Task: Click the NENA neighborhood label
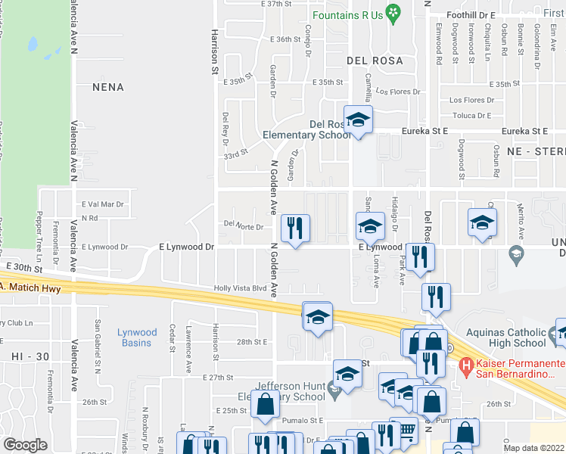107,87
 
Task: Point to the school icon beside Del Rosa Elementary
358,120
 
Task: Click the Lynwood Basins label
138,337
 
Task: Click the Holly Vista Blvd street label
241,288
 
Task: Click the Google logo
25,444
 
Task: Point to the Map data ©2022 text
534,448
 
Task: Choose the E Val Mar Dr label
102,204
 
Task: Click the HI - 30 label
23,355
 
